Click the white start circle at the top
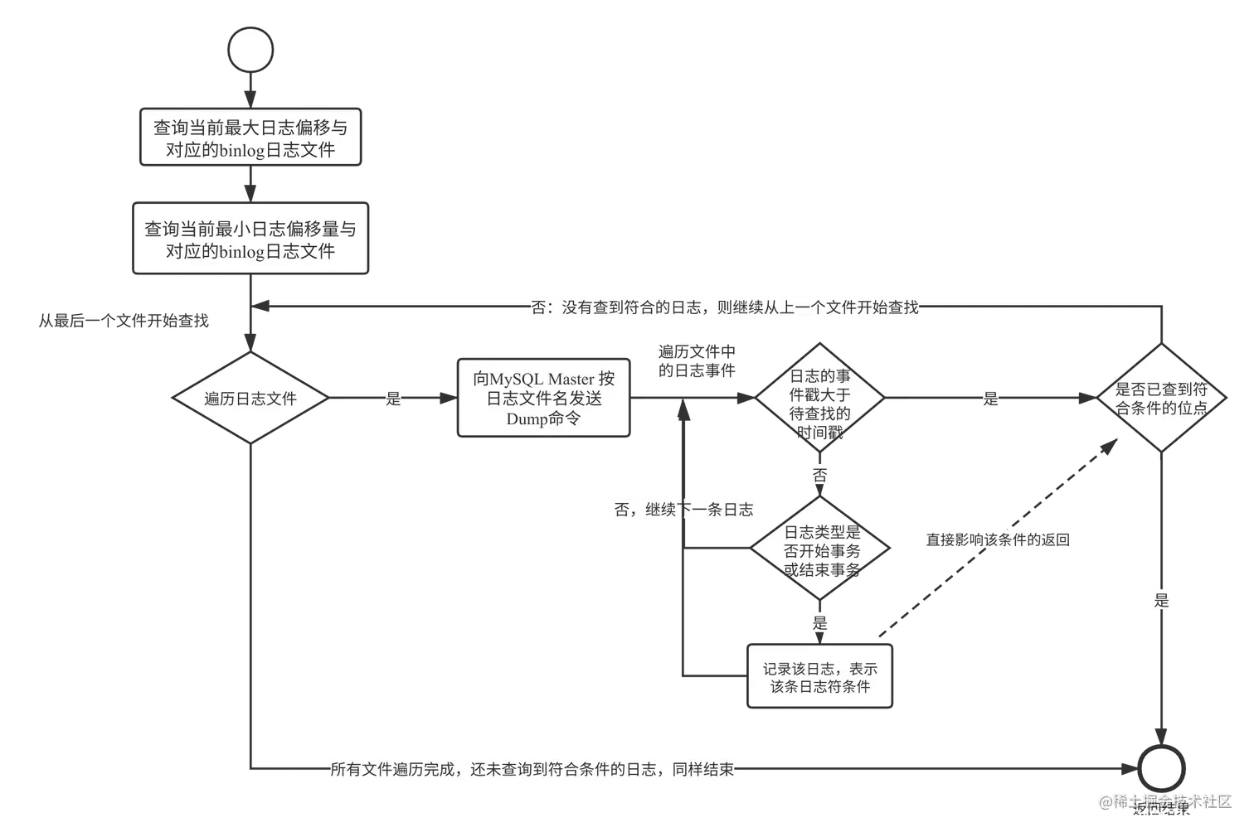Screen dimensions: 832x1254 click(x=250, y=51)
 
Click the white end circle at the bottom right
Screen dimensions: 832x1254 click(x=1161, y=769)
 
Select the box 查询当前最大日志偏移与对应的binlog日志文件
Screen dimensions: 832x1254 click(x=250, y=138)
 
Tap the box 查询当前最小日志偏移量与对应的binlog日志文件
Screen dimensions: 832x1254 click(x=250, y=239)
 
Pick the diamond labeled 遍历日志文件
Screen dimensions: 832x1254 click(x=250, y=399)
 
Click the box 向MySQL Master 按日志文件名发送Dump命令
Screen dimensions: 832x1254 click(x=544, y=399)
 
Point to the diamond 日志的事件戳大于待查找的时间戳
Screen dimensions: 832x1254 click(x=819, y=399)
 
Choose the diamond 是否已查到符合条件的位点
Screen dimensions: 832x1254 click(x=1161, y=399)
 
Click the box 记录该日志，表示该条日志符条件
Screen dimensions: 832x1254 click(x=820, y=677)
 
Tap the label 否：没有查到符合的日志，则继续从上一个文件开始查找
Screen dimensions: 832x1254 click(x=724, y=307)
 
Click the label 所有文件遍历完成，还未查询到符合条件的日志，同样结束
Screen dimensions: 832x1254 click(x=531, y=769)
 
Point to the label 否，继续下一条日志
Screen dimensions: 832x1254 click(x=683, y=510)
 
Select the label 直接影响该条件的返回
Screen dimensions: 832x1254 click(x=998, y=540)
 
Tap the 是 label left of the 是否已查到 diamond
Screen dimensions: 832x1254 click(x=990, y=399)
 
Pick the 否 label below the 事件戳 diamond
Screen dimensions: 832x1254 click(x=819, y=476)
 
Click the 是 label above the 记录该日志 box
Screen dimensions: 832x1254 click(x=819, y=623)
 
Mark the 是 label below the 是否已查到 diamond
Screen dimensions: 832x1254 click(x=1161, y=600)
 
